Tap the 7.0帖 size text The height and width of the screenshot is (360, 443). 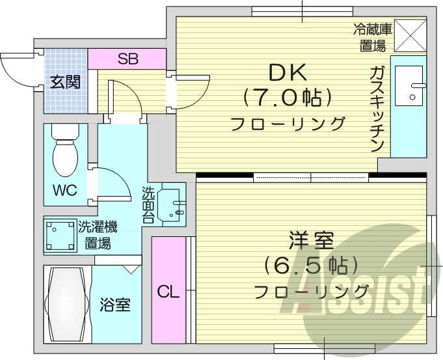point(288,98)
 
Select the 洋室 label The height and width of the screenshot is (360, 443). point(310,242)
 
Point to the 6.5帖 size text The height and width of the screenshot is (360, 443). point(310,266)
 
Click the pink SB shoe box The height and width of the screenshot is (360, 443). point(128,58)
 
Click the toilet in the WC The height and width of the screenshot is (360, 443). point(65,153)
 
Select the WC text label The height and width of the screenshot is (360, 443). point(65,190)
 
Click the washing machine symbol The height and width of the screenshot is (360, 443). point(60,235)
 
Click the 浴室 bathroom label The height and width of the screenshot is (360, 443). point(115,305)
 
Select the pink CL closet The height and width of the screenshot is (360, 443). point(168,290)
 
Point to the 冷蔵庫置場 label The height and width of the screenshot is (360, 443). point(373,36)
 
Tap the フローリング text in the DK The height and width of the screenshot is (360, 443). point(288,123)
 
